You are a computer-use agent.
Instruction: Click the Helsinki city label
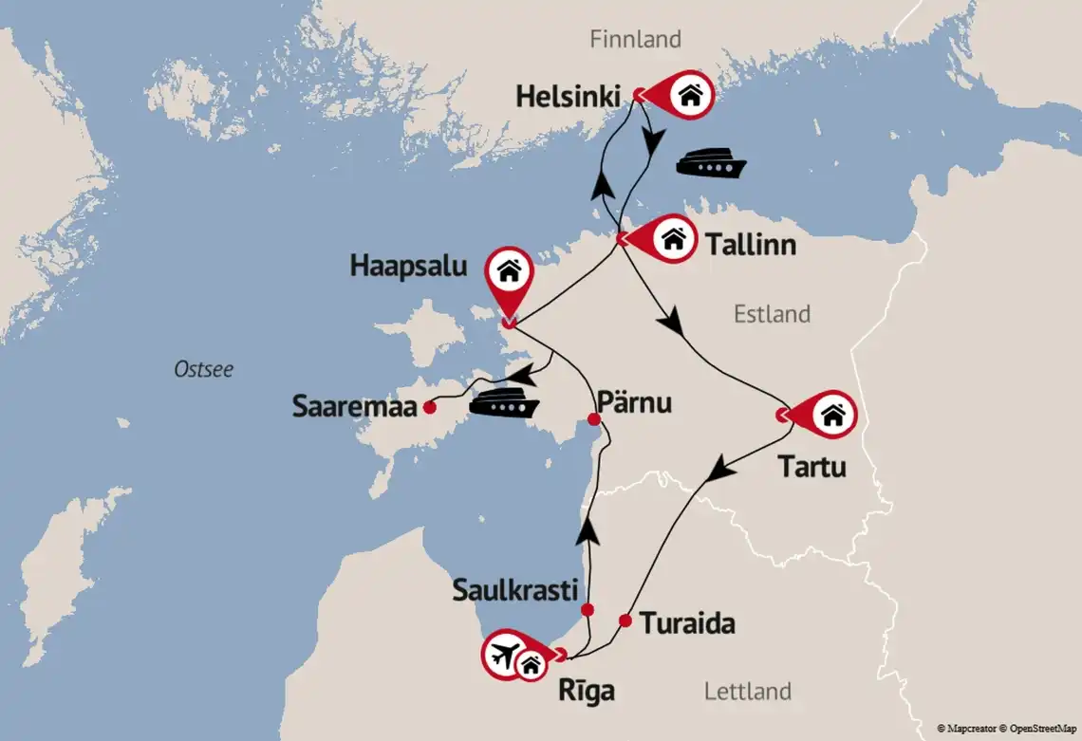(568, 97)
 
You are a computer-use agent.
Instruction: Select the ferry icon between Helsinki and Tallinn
(710, 163)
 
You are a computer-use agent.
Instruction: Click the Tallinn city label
(750, 246)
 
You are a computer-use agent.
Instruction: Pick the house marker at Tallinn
(673, 238)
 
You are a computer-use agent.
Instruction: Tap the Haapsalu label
(408, 267)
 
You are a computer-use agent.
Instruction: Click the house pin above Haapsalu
(509, 272)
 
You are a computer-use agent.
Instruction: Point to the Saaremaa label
(354, 408)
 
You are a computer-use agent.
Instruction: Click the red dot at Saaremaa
(429, 408)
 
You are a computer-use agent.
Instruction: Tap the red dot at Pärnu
(594, 419)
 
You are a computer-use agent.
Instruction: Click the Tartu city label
(811, 467)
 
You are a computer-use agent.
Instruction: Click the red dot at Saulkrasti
(588, 609)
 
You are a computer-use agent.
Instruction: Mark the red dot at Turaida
(625, 621)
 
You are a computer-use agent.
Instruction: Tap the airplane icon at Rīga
(506, 654)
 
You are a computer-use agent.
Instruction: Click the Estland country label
(772, 314)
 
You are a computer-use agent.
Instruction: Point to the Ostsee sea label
(203, 370)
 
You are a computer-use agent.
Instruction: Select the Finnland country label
(635, 40)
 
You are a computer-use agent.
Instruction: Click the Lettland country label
(747, 691)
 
